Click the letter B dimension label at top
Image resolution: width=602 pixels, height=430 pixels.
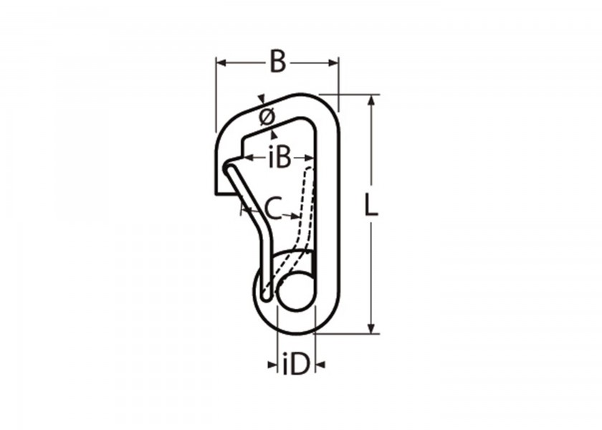point(278,62)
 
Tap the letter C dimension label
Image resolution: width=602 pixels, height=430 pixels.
point(274,209)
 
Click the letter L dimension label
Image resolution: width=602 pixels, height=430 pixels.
point(371,206)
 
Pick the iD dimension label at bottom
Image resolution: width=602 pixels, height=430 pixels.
point(296,365)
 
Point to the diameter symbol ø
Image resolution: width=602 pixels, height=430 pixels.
point(267,117)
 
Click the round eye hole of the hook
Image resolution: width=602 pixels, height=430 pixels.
point(295,291)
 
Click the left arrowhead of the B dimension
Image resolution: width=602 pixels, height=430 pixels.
point(221,62)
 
